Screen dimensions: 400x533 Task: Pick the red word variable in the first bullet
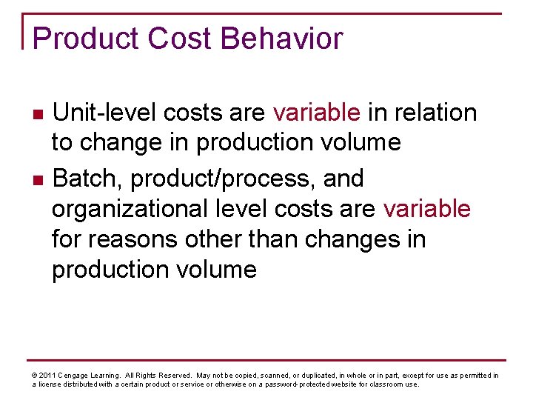[x=317, y=113]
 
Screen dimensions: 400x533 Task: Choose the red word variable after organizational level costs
[x=426, y=210]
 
